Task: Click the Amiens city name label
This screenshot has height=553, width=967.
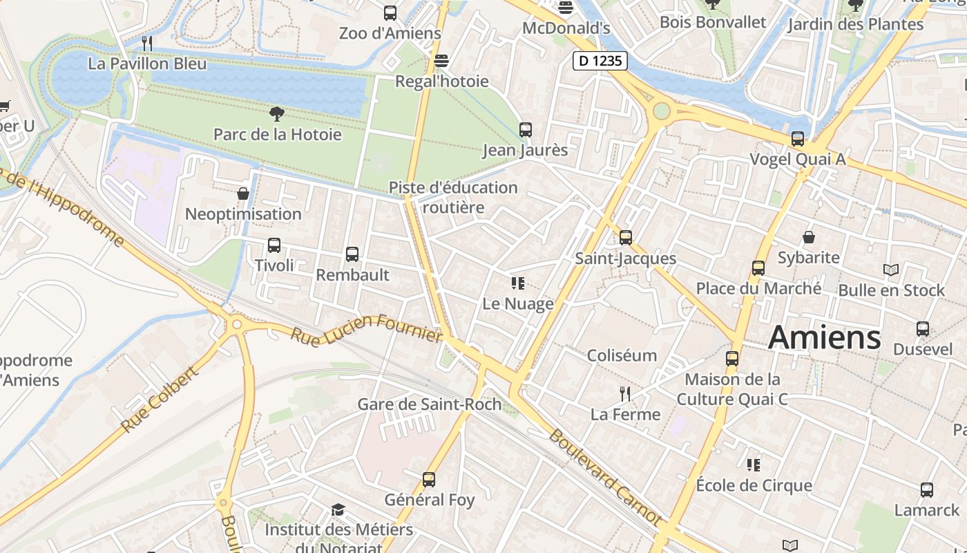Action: (x=824, y=337)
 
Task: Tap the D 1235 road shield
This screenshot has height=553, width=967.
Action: (x=600, y=61)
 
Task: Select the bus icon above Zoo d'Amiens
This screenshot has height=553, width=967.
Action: (x=390, y=12)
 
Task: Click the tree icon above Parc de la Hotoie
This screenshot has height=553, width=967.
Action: (x=277, y=113)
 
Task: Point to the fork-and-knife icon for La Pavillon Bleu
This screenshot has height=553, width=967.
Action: (x=146, y=44)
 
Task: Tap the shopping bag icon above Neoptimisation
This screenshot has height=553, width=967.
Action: (x=243, y=194)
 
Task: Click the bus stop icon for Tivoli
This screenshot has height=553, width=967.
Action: (x=274, y=245)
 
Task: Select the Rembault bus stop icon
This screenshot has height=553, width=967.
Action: (x=352, y=254)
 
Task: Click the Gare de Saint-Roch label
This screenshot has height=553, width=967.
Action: (x=429, y=404)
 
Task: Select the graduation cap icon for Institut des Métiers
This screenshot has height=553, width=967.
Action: (x=338, y=510)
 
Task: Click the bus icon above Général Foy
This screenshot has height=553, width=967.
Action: (x=429, y=479)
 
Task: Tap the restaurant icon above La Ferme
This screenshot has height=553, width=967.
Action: (x=625, y=394)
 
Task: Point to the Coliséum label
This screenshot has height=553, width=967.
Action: (x=622, y=355)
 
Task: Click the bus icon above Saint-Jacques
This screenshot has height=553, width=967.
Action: (x=626, y=237)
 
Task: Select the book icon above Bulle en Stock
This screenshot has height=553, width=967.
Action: (x=891, y=270)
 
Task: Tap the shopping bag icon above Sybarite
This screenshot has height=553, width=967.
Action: (x=809, y=238)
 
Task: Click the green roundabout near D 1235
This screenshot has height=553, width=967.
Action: (x=662, y=111)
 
